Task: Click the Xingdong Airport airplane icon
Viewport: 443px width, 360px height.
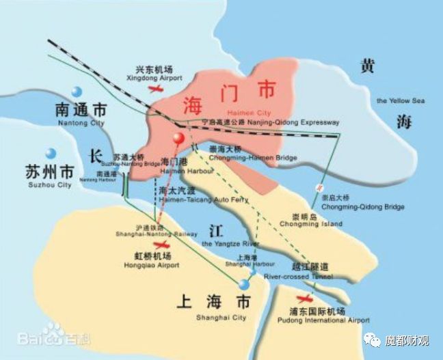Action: (157, 89)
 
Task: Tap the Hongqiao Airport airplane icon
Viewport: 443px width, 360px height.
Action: (161, 245)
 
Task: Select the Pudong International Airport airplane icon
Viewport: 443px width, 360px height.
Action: (306, 298)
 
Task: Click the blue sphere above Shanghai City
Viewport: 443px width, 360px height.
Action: (244, 284)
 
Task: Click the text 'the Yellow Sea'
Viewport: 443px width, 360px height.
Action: (401, 101)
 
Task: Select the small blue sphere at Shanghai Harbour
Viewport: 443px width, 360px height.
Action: (252, 272)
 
